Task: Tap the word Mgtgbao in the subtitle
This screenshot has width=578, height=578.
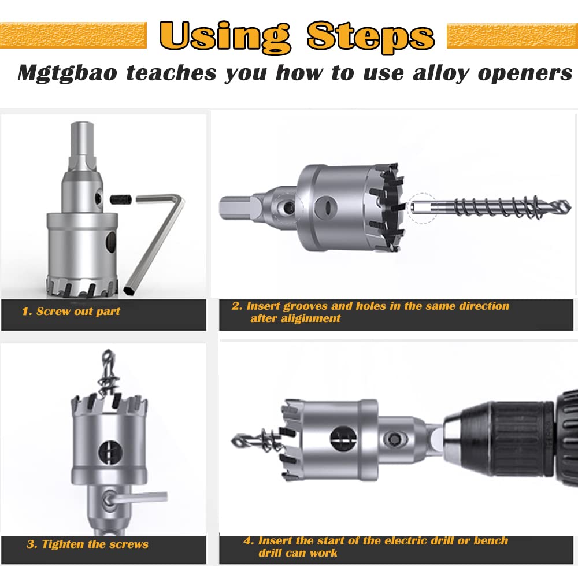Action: click(68, 73)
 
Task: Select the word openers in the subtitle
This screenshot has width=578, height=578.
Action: click(525, 73)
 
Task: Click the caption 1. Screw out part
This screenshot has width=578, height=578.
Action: click(71, 312)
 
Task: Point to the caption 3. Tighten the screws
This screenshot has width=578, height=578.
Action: click(87, 544)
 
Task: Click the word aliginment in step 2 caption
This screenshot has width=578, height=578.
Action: click(295, 318)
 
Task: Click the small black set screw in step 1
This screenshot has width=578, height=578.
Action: click(121, 199)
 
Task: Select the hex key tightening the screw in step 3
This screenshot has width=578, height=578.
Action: click(137, 498)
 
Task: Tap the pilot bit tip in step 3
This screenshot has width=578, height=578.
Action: click(108, 354)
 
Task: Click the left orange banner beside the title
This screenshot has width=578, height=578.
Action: click(73, 35)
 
